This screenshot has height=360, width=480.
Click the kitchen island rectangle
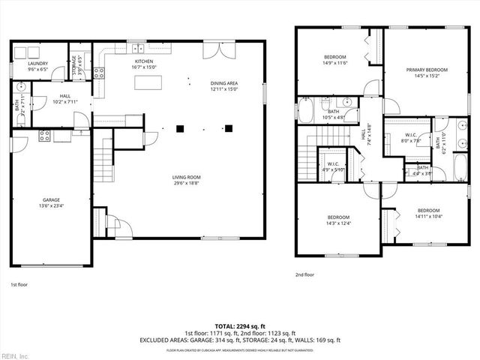(148, 82)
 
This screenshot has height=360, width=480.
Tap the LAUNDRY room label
(37, 64)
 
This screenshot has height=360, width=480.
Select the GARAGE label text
(51, 200)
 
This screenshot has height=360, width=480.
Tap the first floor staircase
(103, 161)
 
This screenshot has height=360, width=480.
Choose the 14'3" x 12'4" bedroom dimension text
(338, 223)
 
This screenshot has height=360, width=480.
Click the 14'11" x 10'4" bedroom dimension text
(428, 216)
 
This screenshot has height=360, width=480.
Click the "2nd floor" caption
(304, 274)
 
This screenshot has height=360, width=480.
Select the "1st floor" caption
(19, 286)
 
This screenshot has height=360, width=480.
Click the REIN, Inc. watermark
(14, 355)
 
